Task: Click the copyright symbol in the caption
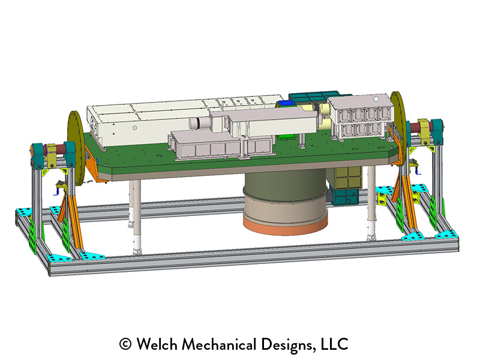[125, 344]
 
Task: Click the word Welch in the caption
[157, 344]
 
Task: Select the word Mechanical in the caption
[219, 344]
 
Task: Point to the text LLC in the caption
[334, 344]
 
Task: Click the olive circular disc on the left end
[76, 148]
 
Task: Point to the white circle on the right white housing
[376, 99]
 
